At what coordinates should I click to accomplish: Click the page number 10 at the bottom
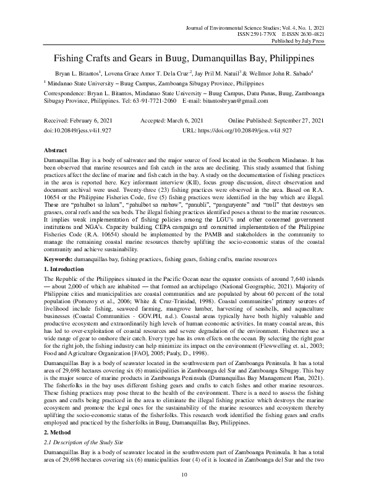tap(184, 492)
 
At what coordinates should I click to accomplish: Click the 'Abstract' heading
tap(57, 150)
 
